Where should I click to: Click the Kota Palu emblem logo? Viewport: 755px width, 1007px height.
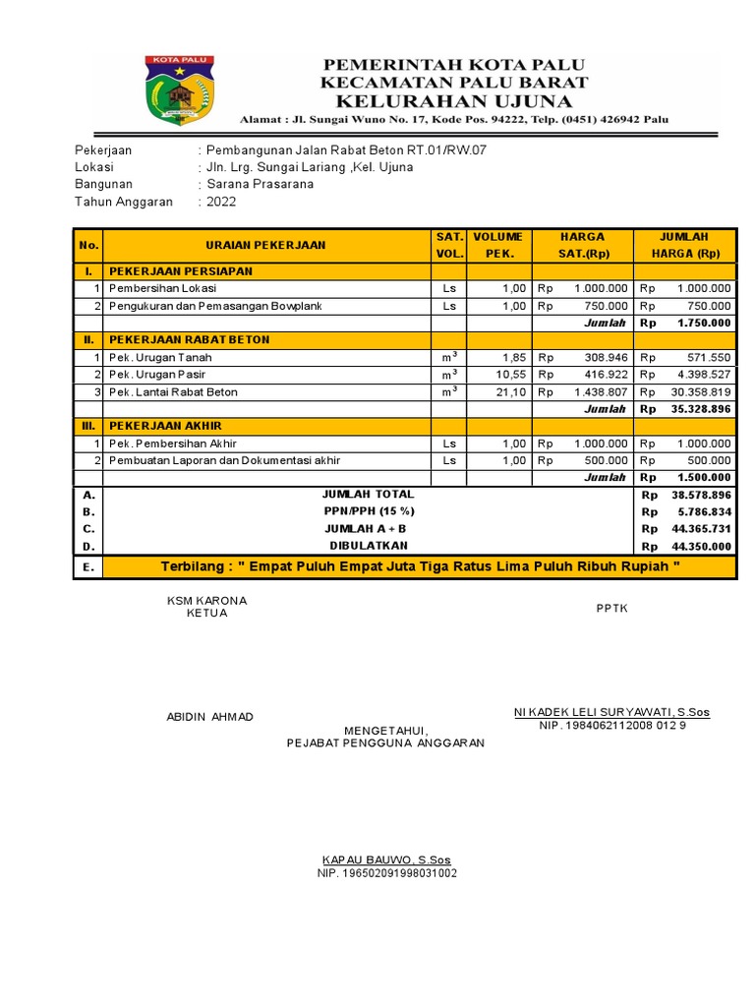180,89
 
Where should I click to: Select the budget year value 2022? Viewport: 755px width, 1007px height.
221,202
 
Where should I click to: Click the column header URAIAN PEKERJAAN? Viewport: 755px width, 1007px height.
265,245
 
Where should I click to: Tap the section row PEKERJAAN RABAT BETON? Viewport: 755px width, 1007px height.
189,339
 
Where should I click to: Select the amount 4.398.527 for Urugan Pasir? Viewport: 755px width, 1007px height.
703,375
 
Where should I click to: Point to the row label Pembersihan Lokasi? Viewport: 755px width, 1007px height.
162,288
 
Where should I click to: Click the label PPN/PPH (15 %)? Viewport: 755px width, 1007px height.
369,511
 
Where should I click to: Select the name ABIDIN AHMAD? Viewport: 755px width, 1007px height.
209,716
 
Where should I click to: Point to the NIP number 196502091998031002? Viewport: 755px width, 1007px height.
386,873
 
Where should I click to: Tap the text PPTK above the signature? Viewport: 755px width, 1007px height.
611,608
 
